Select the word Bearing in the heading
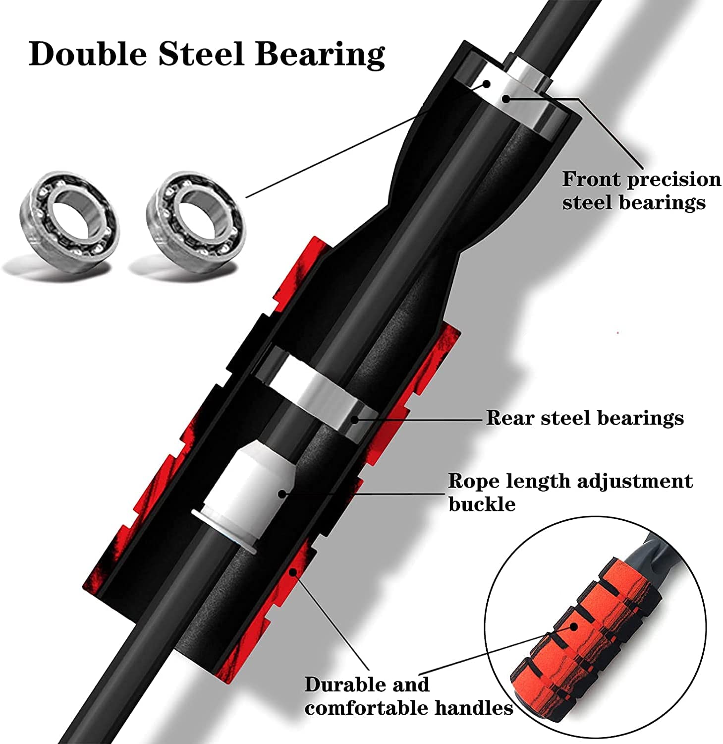pos(320,55)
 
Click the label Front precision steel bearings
pos(641,190)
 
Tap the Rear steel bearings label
pos(585,418)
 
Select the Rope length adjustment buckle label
pos(570,492)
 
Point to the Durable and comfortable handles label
pos(408,696)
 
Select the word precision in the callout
pos(674,180)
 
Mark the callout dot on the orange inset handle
pos(574,626)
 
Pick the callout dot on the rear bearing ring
pos(354,419)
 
